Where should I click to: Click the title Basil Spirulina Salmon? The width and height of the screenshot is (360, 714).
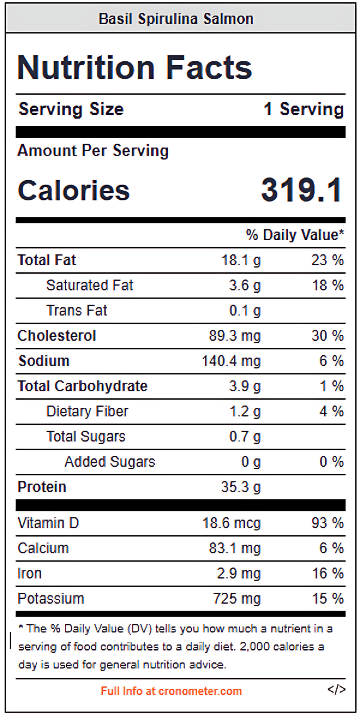tap(176, 19)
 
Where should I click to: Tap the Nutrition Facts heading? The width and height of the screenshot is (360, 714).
tap(135, 67)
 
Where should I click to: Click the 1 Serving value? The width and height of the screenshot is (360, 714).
tap(304, 109)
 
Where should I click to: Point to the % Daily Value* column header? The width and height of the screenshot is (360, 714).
tap(295, 235)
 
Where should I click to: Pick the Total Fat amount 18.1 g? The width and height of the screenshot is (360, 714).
tap(241, 260)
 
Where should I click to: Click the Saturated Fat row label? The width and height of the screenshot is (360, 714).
tap(90, 285)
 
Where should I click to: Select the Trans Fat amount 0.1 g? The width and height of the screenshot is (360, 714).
tap(245, 311)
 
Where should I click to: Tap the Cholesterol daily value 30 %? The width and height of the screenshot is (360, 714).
tap(328, 335)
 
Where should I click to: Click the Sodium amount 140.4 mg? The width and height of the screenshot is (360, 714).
tap(231, 361)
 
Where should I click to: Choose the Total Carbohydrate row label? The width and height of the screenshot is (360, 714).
tap(83, 386)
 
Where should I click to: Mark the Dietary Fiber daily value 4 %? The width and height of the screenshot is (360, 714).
tap(331, 411)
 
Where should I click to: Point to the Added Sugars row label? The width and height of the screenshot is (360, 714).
tap(110, 462)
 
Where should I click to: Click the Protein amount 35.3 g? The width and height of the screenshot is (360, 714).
tap(241, 487)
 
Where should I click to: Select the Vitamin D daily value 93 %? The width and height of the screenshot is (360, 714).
tap(328, 523)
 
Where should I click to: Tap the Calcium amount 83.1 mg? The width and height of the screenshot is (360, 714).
tap(235, 548)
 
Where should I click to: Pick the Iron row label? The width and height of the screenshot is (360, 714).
tap(29, 573)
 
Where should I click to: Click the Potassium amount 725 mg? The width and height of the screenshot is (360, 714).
tap(237, 599)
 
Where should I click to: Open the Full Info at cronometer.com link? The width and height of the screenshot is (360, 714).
tap(171, 691)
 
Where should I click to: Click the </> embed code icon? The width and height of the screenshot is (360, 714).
tap(336, 689)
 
